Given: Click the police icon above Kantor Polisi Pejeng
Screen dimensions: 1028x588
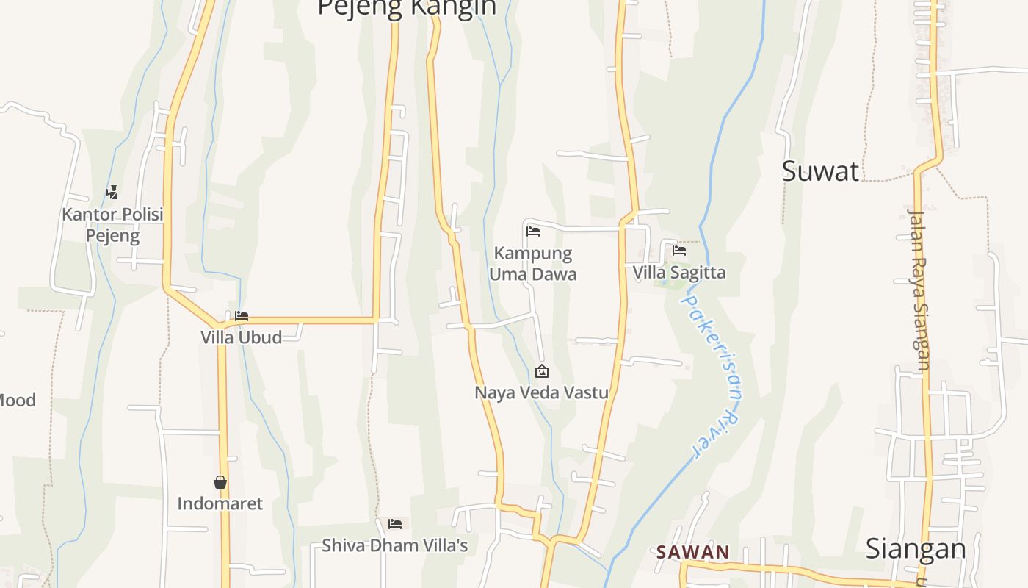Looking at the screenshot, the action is (x=112, y=193).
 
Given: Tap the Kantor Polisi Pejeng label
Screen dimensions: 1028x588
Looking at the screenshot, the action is (x=112, y=225).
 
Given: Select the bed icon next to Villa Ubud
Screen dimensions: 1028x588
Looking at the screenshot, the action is (x=242, y=316).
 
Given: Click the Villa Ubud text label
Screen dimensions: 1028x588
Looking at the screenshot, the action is (x=241, y=337).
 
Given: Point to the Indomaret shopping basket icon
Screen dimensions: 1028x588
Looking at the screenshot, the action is (x=220, y=482).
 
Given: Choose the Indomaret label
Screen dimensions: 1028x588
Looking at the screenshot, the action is (x=220, y=504).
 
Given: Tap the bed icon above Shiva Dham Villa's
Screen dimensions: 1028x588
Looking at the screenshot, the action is (x=395, y=524).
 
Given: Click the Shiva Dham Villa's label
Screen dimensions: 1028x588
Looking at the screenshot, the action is (x=394, y=545).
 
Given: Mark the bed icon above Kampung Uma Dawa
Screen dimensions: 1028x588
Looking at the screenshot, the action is (x=533, y=232).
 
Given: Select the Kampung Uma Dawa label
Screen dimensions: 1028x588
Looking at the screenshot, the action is (x=533, y=263).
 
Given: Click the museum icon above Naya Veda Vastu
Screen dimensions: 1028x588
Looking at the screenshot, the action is (x=541, y=371).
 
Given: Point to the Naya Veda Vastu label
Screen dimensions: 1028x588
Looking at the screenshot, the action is (x=541, y=392).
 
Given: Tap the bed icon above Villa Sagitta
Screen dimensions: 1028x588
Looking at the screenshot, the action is (x=679, y=251).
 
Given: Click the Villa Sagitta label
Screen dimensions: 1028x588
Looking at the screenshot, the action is (x=679, y=273).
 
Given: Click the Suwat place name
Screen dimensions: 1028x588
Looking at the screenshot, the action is (x=819, y=171).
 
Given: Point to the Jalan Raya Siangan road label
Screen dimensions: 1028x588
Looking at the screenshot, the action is (x=919, y=290).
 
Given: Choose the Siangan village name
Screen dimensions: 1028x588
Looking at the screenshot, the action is (x=915, y=549).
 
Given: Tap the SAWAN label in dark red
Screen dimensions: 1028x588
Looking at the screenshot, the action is (x=692, y=552).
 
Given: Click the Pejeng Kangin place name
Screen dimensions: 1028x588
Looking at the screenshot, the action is (x=407, y=8).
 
